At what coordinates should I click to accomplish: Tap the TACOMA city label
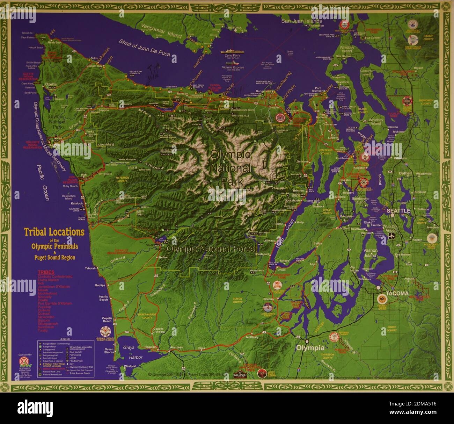[396, 294]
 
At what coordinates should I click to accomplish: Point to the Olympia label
[310, 348]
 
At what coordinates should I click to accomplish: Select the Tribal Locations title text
[54, 232]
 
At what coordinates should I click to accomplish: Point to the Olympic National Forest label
[211, 249]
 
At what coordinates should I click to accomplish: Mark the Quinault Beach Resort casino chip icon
[105, 331]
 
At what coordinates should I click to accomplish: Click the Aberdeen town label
[176, 347]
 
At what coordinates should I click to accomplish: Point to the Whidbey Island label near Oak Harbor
[346, 49]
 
